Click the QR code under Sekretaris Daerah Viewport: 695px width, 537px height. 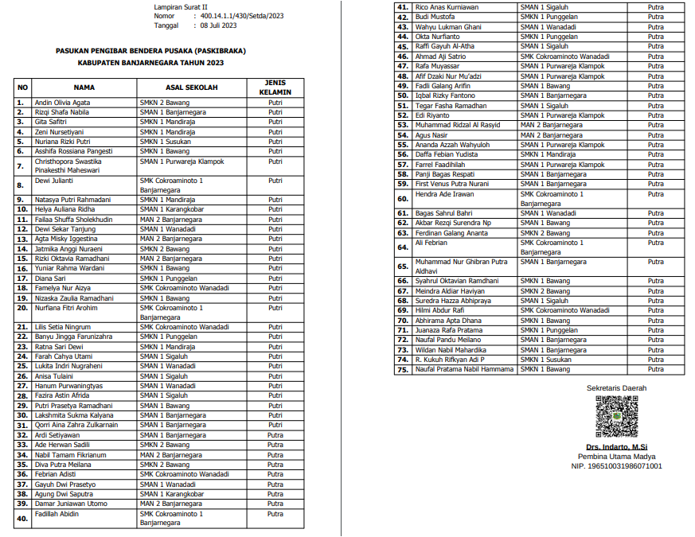[616, 417]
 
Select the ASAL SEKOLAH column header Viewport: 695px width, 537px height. [191, 87]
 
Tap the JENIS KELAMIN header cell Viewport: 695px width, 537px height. [275, 87]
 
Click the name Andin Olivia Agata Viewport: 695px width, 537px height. [62, 103]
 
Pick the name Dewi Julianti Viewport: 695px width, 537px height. [54, 181]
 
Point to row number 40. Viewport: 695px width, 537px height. [22, 519]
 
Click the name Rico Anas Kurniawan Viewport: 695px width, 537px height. [447, 7]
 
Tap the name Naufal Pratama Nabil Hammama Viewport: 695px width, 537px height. [465, 369]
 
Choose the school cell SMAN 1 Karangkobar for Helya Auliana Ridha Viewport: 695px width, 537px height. [172, 209]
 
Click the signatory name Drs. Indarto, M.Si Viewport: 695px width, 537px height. [616, 447]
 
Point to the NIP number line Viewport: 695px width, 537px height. [616, 466]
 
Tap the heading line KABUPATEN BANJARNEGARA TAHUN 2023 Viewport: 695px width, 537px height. [150, 62]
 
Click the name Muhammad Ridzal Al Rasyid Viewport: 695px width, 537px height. [458, 125]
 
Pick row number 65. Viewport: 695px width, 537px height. [403, 267]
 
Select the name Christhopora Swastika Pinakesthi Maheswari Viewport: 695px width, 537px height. [77, 165]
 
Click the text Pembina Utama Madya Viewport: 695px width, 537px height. [616, 457]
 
